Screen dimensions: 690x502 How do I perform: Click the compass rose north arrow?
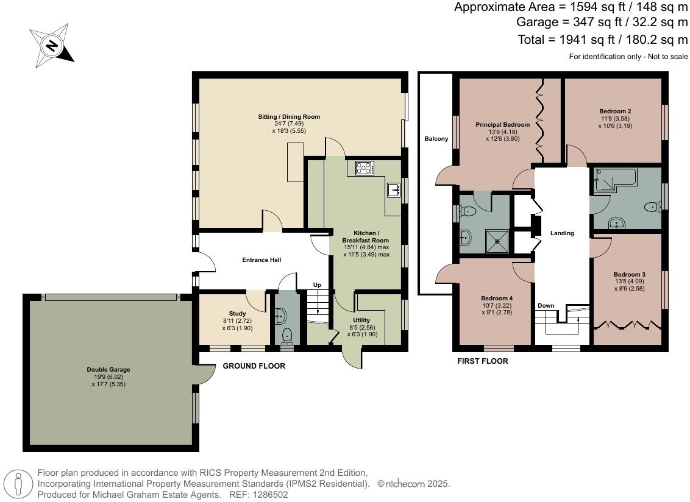coord(52,46)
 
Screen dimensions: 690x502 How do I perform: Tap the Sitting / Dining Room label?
coord(289,116)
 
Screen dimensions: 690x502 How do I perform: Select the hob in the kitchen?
coord(365,168)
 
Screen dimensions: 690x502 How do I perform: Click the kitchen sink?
coord(393,190)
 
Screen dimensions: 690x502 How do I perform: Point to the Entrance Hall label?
coord(261,260)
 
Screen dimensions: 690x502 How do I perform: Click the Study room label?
coord(237,314)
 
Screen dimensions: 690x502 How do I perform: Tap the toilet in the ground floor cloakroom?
coord(287,336)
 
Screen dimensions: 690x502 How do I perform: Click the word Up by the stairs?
coord(317,285)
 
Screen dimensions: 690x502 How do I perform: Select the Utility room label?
coord(361,320)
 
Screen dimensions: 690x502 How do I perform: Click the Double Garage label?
coord(108,370)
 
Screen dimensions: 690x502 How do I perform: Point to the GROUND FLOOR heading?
coord(254,366)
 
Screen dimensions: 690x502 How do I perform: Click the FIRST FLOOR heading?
coord(483,361)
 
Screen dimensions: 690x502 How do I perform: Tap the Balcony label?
coord(436,138)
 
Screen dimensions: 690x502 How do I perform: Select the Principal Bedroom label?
coord(502,124)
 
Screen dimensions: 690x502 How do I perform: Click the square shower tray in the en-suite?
coord(497,241)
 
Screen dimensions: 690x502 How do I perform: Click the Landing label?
coord(562,233)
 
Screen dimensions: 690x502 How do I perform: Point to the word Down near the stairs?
coord(546,306)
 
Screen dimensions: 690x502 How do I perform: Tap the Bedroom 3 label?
coord(629,275)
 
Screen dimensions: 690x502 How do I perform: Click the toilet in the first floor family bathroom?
coord(653,207)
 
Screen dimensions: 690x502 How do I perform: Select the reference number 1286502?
coord(271,495)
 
